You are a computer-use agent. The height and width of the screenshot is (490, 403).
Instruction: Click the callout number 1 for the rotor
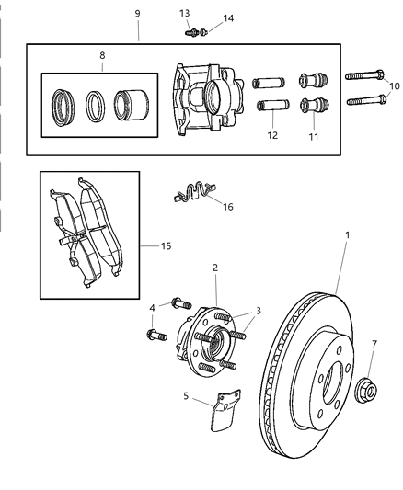tap(347, 235)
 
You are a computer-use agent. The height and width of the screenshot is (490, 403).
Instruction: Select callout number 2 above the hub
tap(213, 268)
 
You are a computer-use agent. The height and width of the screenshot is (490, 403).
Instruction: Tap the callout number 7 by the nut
tap(374, 344)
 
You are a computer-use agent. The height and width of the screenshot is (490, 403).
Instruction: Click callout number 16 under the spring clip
tap(227, 206)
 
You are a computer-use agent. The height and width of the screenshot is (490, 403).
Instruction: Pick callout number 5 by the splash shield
tap(186, 396)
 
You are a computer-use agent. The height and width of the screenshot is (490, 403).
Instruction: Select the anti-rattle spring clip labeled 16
tap(190, 194)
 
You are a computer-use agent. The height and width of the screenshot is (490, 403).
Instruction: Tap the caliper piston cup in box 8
tap(132, 101)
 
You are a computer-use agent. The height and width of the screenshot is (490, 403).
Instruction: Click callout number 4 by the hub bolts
tap(153, 307)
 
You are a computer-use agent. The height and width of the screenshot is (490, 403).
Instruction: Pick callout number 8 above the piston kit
tap(102, 55)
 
